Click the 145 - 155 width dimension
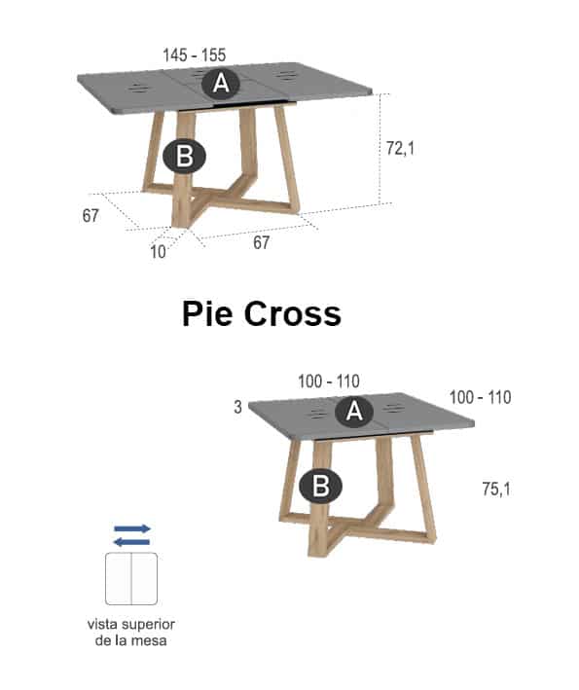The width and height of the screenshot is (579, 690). tap(194, 55)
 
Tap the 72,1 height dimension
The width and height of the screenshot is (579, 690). tap(400, 148)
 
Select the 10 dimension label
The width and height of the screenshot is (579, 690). tap(158, 252)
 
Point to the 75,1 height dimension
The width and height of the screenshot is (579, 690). tap(496, 489)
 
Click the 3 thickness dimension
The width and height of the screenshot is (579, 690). tap(237, 407)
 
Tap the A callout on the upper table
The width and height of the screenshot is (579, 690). tap(221, 83)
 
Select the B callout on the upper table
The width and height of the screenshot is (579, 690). tap(184, 157)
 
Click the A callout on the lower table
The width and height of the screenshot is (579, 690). tap(354, 412)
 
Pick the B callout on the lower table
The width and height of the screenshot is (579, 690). tap(320, 487)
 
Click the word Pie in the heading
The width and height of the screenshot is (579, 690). tap(207, 313)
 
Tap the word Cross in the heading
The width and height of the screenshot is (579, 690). tap(293, 313)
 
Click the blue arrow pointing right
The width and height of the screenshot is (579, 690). tap(132, 528)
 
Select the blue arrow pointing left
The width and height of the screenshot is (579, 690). tap(132, 542)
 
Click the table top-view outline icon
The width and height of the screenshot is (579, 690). tap(131, 579)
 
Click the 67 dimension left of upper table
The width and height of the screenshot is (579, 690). tap(90, 216)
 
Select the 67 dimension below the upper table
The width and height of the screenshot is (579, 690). tap(262, 242)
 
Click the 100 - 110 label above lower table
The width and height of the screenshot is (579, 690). tap(329, 381)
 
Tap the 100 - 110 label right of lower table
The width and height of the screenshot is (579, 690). tap(481, 397)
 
